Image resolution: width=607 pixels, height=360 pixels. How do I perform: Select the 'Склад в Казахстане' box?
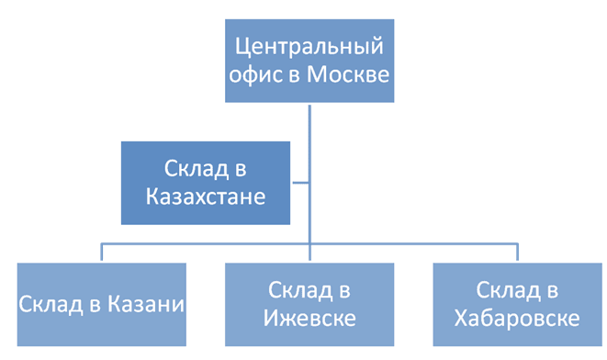tap(205, 183)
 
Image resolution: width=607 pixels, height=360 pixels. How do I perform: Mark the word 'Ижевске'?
tap(309, 320)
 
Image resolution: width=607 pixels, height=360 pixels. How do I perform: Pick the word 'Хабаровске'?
tap(517, 320)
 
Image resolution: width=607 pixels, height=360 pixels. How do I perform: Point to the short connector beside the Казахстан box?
tap(299, 183)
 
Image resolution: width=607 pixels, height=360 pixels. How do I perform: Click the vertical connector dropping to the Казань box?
tap(101, 253)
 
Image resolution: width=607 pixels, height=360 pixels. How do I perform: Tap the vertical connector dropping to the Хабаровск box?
tap(517, 253)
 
